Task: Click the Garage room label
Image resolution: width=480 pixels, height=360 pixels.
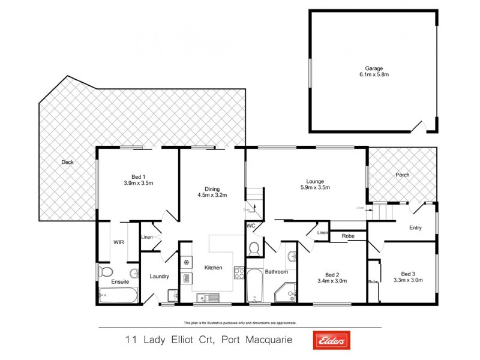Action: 370,68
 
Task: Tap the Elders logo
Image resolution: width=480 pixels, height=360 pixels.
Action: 330,340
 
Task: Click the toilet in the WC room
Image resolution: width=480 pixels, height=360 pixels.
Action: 254,248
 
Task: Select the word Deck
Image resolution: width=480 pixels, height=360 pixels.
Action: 68,162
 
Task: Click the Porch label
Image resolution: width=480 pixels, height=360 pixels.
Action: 402,175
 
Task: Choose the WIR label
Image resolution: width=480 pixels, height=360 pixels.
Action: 118,242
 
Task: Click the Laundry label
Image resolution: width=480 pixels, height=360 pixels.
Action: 160,277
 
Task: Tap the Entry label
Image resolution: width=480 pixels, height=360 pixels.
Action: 415,227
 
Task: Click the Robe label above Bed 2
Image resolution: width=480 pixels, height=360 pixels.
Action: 348,236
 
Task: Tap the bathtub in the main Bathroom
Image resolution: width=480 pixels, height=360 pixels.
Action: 254,287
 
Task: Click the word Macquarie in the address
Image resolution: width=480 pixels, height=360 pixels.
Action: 267,340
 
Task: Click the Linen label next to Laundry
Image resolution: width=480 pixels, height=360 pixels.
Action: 147,238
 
